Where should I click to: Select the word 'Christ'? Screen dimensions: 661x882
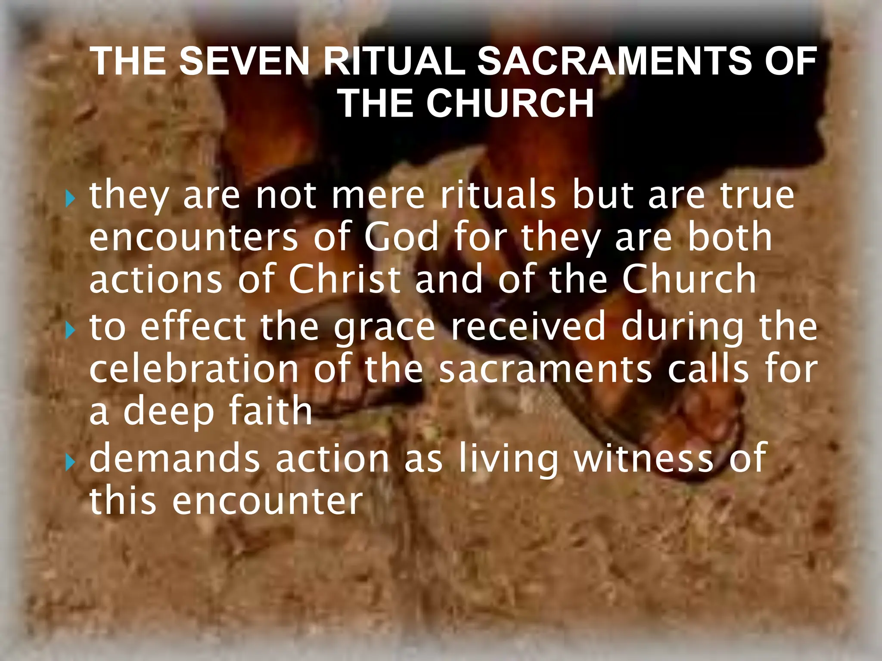coord(345,280)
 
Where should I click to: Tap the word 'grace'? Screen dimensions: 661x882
coord(385,329)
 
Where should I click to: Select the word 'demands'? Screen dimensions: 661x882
coord(175,459)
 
